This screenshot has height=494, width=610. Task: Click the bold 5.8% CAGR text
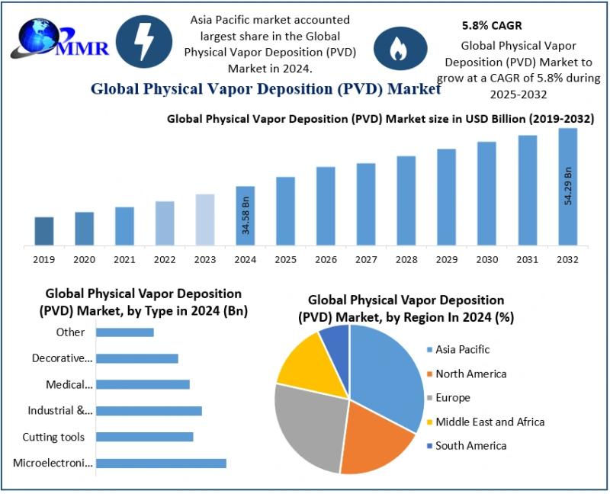tap(492, 25)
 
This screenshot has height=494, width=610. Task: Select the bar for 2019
tap(44, 231)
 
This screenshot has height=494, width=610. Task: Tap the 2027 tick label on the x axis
tap(365, 260)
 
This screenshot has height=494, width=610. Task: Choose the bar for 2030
tap(486, 194)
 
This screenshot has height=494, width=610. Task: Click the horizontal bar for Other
tap(125, 332)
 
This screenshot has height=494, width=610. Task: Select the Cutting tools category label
tap(53, 437)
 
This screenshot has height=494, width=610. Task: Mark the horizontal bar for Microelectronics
tap(161, 463)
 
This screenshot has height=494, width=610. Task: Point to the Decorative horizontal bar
tap(137, 358)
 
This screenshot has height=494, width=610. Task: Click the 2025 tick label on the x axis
tap(285, 260)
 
